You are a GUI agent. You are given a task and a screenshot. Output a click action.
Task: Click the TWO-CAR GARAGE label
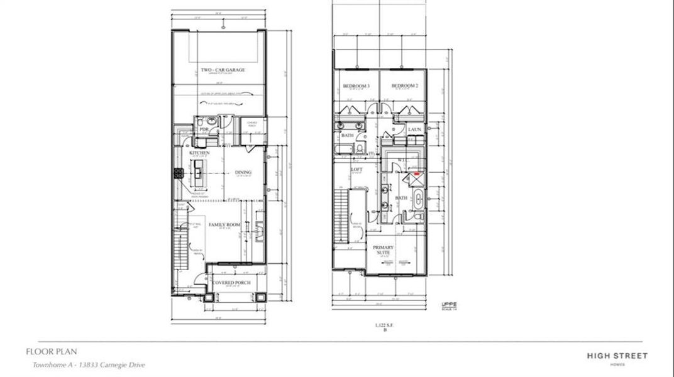click(223, 70)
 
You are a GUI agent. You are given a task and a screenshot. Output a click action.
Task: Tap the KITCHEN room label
click(199, 153)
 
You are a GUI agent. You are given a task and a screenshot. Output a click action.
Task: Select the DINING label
click(243, 172)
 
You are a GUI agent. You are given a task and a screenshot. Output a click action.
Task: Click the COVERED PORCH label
click(231, 283)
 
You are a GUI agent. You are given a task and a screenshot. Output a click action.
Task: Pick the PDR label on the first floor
click(204, 129)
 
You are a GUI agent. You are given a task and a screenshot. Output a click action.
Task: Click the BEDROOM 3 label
click(356, 85)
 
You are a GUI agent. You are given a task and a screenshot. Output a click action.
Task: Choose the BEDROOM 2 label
click(405, 85)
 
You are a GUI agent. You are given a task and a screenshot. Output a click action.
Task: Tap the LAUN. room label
click(414, 129)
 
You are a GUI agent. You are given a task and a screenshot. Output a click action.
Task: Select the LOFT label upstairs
click(357, 170)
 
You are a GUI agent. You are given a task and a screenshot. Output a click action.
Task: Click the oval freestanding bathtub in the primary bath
click(419, 199)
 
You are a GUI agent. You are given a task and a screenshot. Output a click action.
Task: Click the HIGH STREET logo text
click(617, 356)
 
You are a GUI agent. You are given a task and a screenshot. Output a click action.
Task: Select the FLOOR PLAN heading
click(52, 352)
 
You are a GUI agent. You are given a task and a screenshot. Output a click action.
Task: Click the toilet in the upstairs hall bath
click(356, 148)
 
